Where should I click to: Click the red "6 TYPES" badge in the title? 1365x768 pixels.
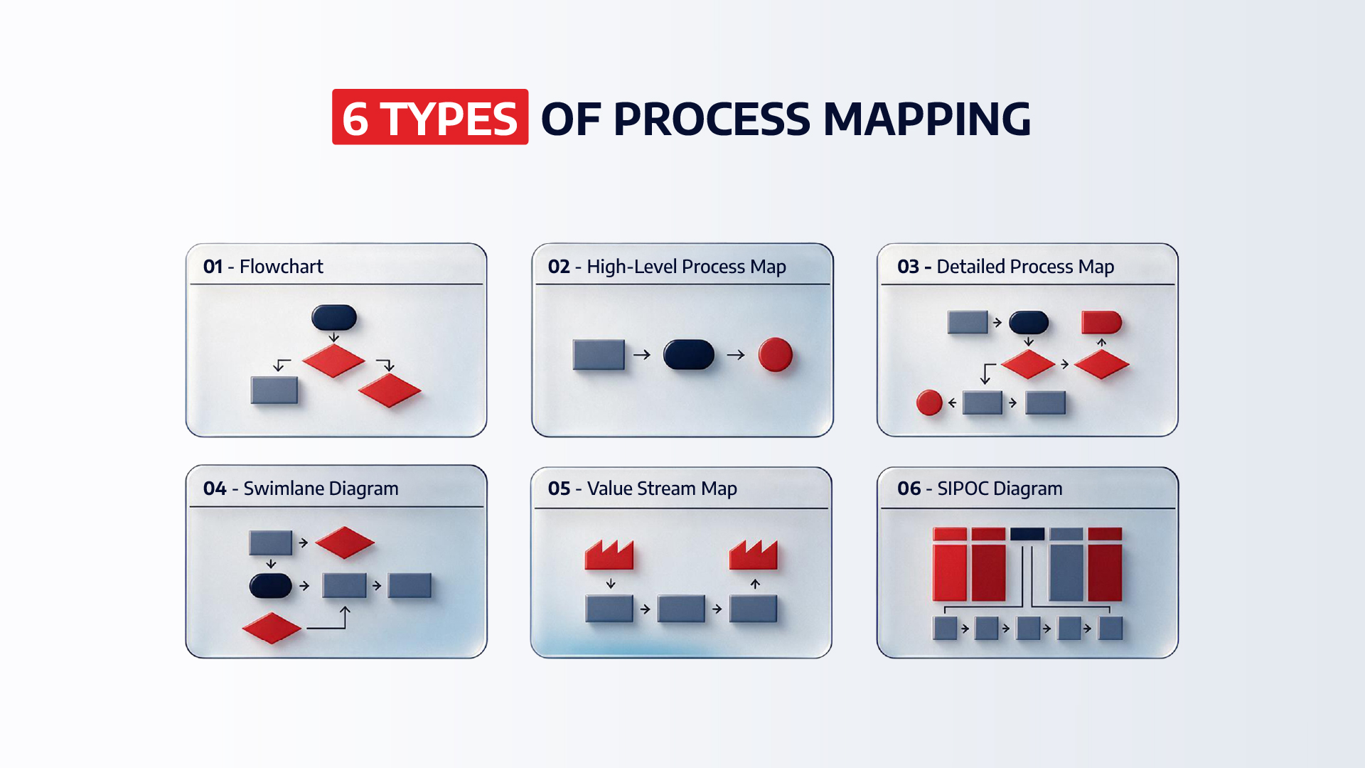[x=430, y=117]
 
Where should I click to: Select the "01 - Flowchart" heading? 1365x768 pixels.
[x=263, y=267]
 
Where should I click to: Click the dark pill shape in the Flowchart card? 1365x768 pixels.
[x=334, y=318]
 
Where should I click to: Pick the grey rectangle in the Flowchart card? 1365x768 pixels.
[x=274, y=390]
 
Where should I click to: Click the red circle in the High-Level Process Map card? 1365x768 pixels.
[x=776, y=354]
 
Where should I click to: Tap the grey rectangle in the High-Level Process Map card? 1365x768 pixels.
[x=599, y=354]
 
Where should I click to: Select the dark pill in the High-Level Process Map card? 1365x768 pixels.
[x=689, y=354]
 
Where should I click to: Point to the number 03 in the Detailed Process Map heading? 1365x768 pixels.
[x=908, y=267]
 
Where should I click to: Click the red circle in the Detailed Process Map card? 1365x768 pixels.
[x=929, y=402]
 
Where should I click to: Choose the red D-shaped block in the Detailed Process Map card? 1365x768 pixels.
[x=1101, y=322]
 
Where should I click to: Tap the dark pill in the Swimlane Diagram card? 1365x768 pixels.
[x=271, y=586]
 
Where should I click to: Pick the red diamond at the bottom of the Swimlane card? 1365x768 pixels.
[x=272, y=628]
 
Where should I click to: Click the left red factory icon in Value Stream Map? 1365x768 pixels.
[x=609, y=555]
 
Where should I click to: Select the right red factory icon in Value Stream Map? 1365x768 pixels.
[x=754, y=555]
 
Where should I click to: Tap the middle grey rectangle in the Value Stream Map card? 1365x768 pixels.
[x=681, y=609]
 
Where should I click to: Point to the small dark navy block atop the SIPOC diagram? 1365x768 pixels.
[x=1027, y=533]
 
